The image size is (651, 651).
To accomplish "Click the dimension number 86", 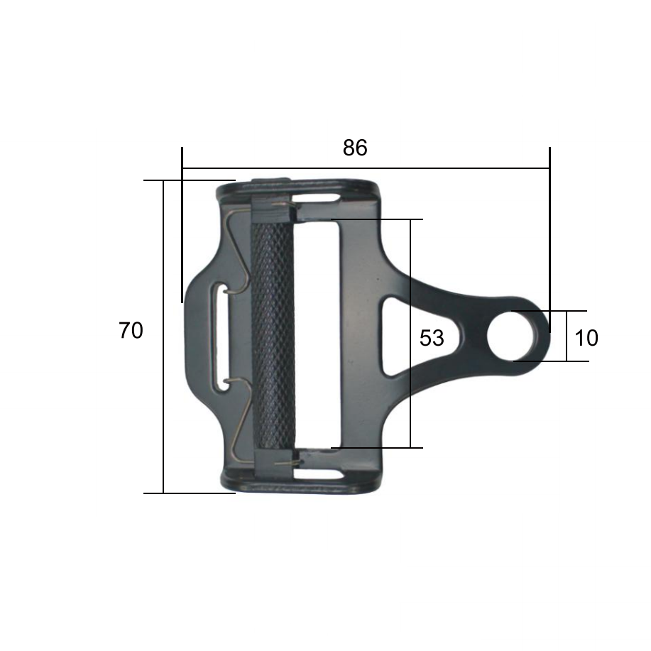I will point(355,148).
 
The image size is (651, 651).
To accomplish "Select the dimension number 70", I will point(131,331).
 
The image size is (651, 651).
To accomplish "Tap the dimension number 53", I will point(432,339).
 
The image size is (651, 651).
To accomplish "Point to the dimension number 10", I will point(586,338).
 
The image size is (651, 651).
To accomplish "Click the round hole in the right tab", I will point(508,336).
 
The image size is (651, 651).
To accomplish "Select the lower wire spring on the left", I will point(237,419).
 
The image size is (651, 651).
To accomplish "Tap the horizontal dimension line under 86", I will point(366,168).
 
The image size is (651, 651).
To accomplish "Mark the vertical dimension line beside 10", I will point(567,336).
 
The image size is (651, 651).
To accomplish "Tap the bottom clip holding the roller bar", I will point(271,461).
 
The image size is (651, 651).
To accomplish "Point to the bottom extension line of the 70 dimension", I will point(189,493).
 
